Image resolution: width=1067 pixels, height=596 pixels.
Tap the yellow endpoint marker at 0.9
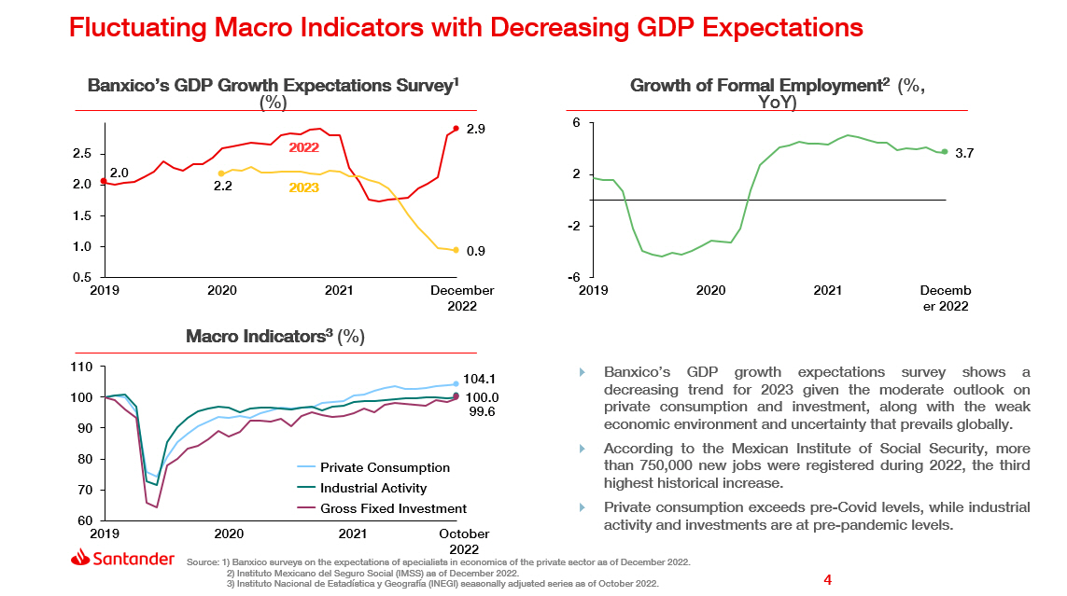pos(456,250)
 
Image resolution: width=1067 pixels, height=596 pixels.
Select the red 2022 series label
pos(303,147)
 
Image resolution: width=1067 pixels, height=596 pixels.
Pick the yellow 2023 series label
pos(303,187)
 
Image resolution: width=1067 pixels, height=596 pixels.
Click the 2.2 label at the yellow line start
pos(222,187)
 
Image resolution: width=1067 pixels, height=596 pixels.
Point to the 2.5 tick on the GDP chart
pos(82,154)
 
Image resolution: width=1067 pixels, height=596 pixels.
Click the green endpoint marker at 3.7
pos(944,152)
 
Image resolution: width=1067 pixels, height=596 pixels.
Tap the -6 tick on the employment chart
pos(576,278)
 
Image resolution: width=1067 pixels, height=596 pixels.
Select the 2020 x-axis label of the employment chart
pos(710,291)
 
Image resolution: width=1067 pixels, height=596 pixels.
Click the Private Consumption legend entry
pos(385,467)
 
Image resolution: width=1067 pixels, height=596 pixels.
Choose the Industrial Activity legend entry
pos(373,488)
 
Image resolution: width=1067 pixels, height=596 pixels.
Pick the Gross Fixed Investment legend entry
pos(393,508)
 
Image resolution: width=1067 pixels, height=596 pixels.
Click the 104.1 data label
pos(479,380)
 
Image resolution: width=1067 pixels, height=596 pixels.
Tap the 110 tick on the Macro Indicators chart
pos(81,367)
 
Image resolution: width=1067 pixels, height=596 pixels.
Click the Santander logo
pos(122,559)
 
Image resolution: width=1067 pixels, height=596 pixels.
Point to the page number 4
pos(827,580)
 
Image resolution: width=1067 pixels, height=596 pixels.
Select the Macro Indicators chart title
pos(274,337)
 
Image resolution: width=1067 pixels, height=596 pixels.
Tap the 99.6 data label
pos(481,411)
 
